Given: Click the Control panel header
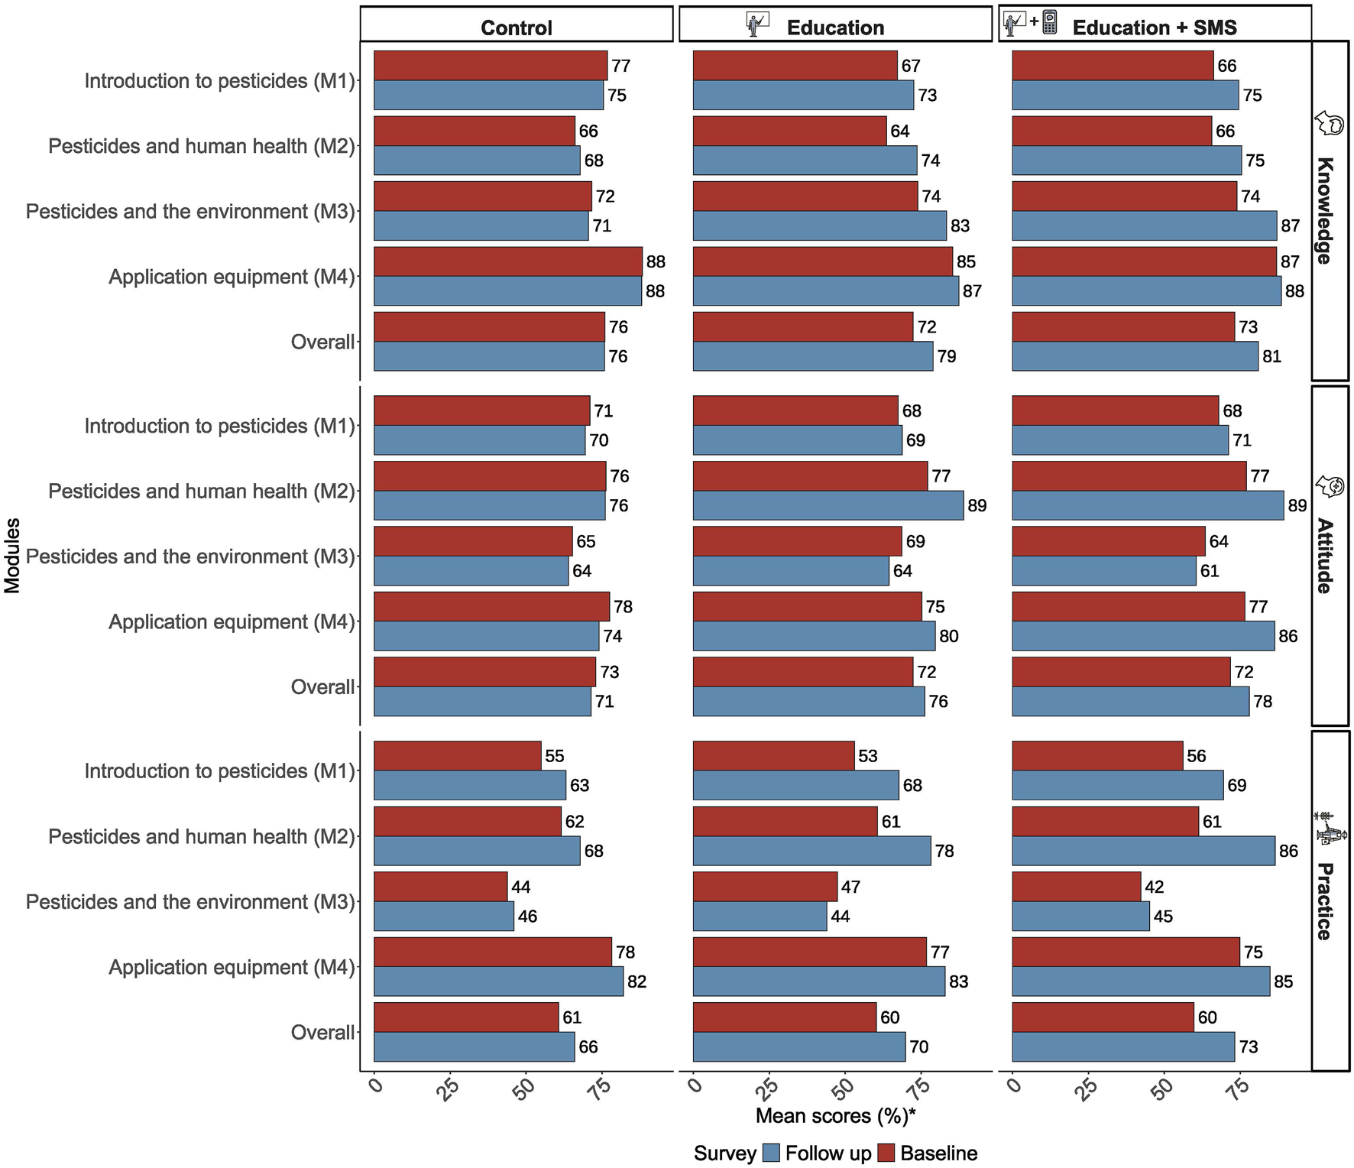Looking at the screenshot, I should [x=517, y=28].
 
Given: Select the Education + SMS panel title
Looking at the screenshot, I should [x=1154, y=28].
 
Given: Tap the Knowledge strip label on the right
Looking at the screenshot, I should [x=1325, y=210].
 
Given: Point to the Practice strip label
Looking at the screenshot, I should [x=1325, y=901].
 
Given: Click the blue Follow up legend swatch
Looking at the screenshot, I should [x=771, y=1153].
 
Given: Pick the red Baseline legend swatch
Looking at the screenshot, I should [x=886, y=1153].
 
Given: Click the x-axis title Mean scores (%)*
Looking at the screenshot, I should [x=835, y=1116].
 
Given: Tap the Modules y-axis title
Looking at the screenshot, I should [x=12, y=556].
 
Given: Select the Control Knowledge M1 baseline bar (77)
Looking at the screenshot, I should [x=491, y=66].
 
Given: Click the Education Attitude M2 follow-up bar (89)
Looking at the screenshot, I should [x=828, y=505].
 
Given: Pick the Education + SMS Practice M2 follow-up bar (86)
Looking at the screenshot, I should [x=1143, y=851].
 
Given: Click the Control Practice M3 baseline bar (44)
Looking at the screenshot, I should [x=440, y=887].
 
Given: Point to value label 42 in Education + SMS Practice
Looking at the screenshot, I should [x=1154, y=887].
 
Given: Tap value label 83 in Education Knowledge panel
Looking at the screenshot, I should [x=960, y=226].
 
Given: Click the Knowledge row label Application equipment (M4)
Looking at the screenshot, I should [x=232, y=277].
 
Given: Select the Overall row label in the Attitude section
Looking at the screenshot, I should [x=322, y=687].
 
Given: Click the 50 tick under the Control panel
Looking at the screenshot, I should [x=524, y=1089].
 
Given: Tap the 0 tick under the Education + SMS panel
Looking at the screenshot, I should [x=1014, y=1086].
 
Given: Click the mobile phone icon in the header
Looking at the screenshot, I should [x=1050, y=21].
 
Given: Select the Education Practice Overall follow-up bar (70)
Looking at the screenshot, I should [x=799, y=1046].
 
